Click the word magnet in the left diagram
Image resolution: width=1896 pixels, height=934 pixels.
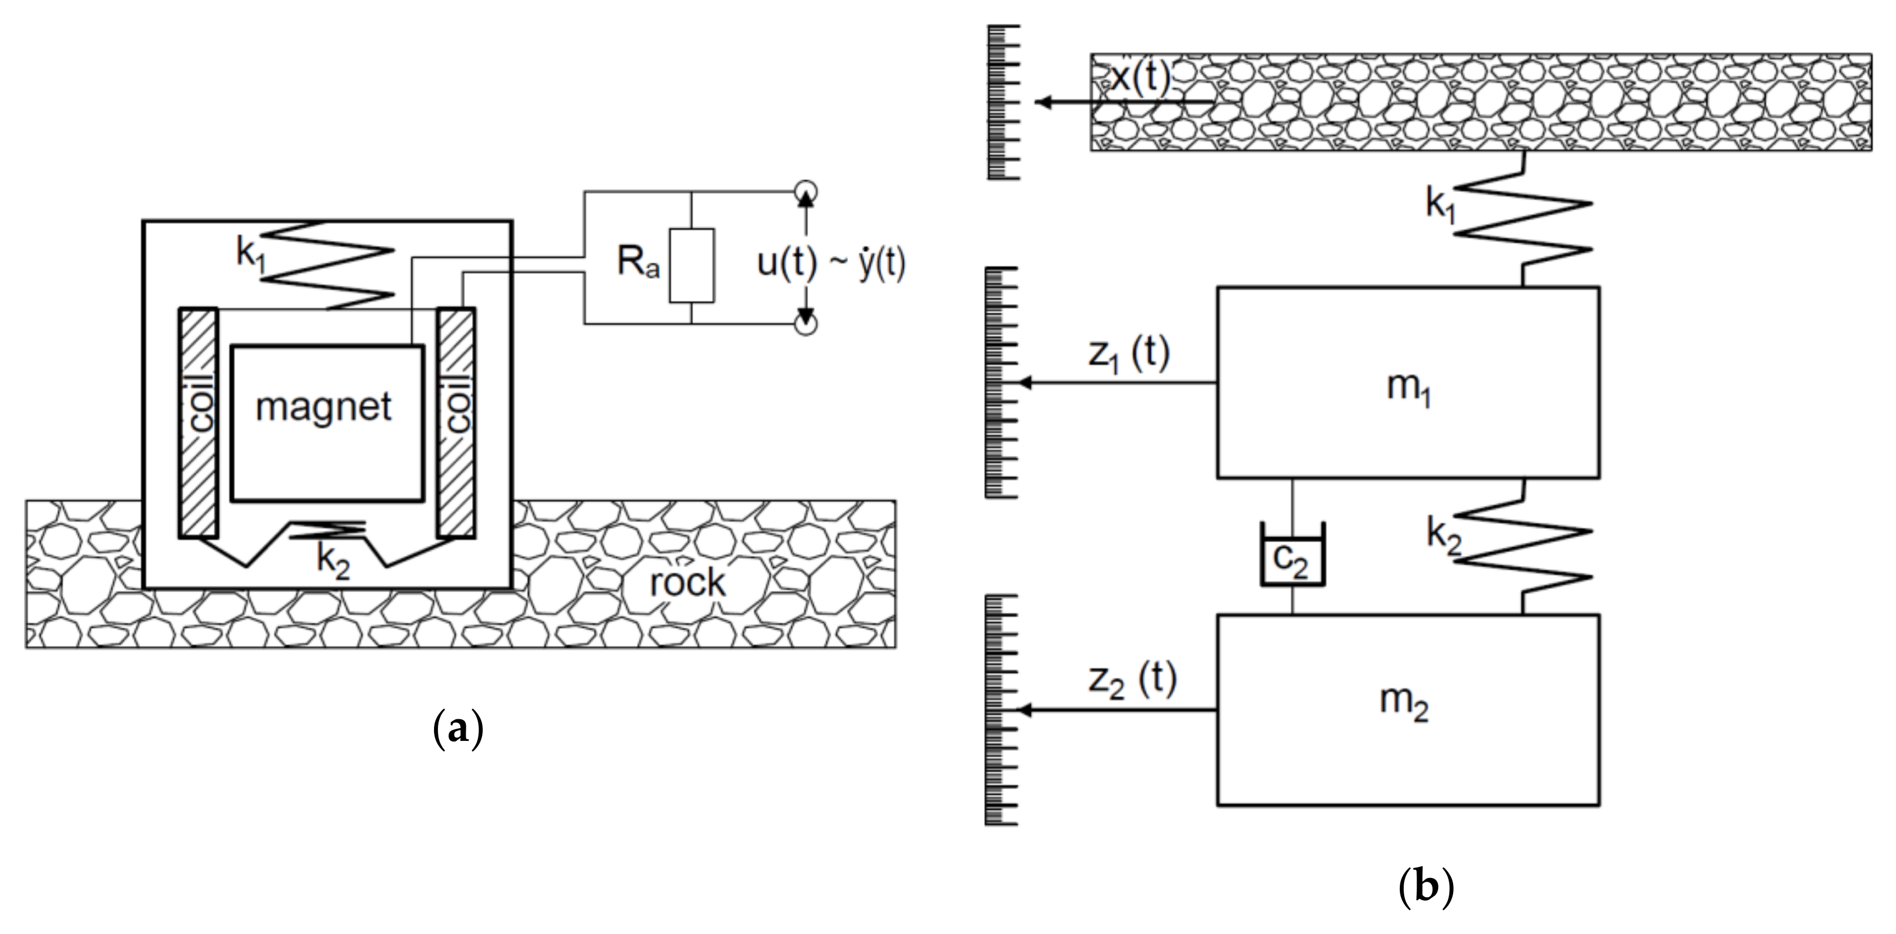pos(323,407)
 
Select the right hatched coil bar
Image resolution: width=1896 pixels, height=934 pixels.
pos(456,422)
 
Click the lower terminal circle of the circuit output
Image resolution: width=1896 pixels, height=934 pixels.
pos(806,325)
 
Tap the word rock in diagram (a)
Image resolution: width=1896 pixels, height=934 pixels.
pos(687,583)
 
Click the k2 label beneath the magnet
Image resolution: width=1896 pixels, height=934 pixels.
pos(332,559)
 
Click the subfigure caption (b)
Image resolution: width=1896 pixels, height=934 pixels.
pos(1426,887)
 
